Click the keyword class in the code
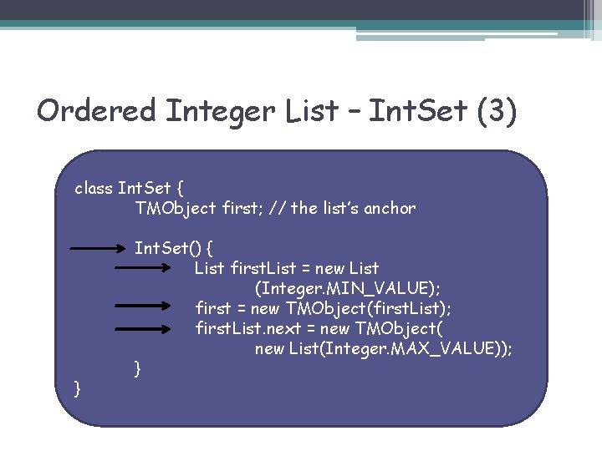click(x=94, y=188)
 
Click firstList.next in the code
click(x=242, y=329)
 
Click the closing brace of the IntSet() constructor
click(x=138, y=367)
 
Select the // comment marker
click(x=275, y=209)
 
